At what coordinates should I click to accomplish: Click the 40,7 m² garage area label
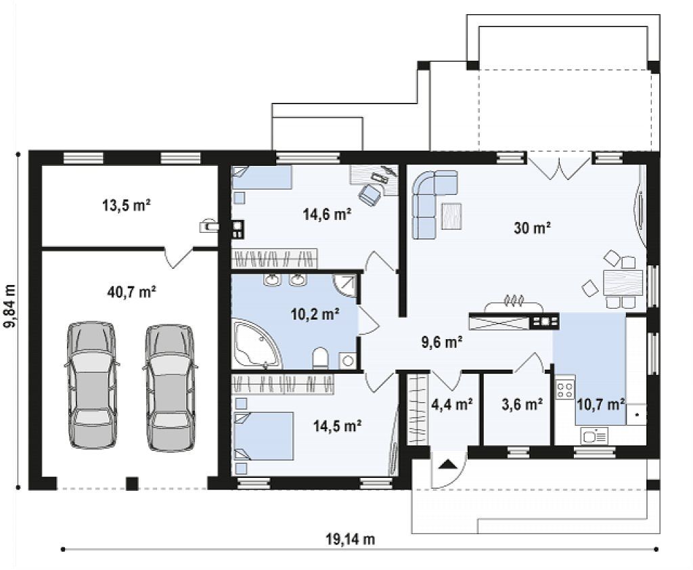point(131,292)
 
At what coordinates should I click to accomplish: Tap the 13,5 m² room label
point(127,206)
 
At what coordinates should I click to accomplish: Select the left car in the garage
point(92,386)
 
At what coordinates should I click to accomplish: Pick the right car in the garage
point(170,389)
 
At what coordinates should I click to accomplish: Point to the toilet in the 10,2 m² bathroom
point(320,357)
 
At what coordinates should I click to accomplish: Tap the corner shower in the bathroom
point(344,286)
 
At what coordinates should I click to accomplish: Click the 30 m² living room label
point(532,228)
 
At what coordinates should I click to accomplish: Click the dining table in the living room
point(623,283)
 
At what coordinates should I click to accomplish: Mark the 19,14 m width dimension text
point(351,539)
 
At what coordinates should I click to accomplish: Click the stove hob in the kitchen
point(565,389)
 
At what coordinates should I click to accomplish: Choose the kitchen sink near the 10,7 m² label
point(595,436)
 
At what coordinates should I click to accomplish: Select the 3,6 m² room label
point(522,404)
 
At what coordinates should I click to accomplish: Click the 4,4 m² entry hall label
point(451,403)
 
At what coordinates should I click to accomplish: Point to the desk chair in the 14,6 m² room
point(370,194)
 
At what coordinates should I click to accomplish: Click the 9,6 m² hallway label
point(442,342)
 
